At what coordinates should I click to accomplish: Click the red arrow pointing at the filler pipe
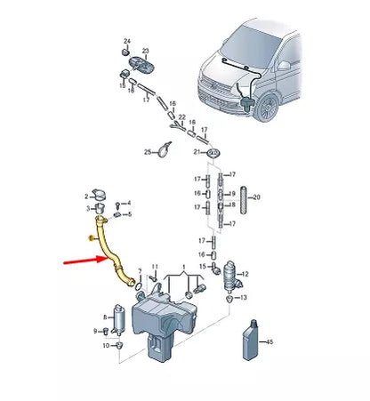tap(86, 261)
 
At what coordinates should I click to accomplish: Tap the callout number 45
tap(269, 341)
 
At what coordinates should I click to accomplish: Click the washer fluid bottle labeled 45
tap(251, 340)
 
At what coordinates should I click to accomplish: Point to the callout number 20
tap(256, 197)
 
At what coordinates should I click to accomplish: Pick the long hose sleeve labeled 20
tap(244, 200)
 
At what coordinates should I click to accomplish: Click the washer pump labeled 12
tap(232, 276)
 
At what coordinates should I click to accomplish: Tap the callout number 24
tap(127, 41)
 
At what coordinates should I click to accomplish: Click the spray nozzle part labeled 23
tap(141, 64)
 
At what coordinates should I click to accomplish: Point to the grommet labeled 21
tap(213, 153)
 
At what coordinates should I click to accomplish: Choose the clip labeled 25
tap(164, 149)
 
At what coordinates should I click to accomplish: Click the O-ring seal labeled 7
tap(139, 286)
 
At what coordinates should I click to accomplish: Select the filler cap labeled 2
tap(100, 194)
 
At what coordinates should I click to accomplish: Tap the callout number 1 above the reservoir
tap(184, 268)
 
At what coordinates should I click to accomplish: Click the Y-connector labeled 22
tap(178, 126)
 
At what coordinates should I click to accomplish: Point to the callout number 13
tap(243, 297)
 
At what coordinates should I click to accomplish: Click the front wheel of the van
tap(267, 108)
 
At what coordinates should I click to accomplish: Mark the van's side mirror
tap(284, 65)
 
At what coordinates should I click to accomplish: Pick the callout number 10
tap(106, 346)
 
